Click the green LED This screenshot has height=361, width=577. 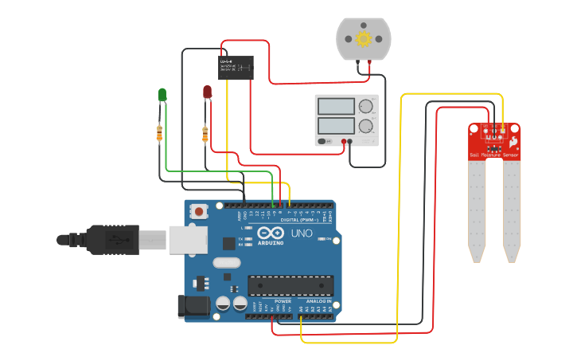[162, 95]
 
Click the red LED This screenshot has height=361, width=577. [207, 92]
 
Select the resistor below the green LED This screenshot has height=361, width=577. [160, 132]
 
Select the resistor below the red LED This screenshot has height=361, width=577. [205, 134]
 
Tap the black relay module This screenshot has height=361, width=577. [236, 67]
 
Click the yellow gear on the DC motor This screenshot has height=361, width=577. [364, 39]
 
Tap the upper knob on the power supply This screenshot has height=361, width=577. [366, 106]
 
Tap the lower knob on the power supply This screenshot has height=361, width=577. [366, 126]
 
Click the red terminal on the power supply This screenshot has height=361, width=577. [345, 143]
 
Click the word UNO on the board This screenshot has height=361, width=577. [300, 233]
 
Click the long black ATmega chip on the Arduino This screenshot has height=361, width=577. [290, 285]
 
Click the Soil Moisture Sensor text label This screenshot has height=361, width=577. [494, 155]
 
